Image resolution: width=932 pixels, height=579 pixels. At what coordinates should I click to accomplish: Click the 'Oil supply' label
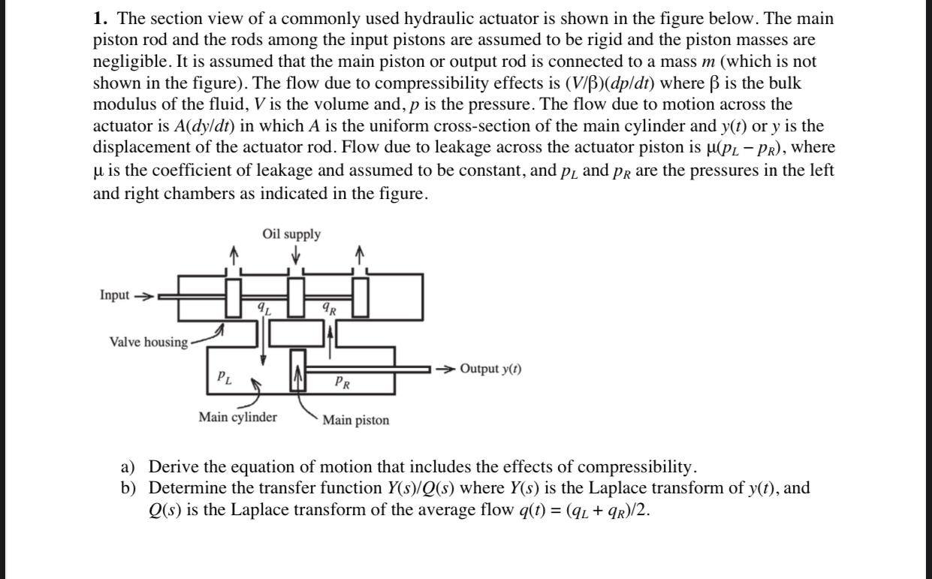point(291,234)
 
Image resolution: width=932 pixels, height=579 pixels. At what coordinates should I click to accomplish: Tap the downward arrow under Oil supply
point(296,254)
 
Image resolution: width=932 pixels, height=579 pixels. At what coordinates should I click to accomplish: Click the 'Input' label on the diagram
point(114,295)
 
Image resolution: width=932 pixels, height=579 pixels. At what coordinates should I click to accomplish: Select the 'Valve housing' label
point(149,342)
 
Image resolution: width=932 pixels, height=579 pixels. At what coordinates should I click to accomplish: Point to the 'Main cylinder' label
point(237,417)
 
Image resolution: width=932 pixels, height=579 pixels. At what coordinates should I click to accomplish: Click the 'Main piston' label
point(356,420)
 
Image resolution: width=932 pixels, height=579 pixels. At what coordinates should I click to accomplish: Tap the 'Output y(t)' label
point(490,369)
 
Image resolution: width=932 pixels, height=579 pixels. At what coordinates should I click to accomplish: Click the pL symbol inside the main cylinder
point(225,378)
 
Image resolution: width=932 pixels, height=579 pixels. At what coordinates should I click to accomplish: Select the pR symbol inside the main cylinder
point(342,382)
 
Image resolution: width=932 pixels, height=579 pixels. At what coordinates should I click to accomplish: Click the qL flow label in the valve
point(264,309)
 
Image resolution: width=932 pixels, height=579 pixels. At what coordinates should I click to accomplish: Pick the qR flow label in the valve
point(330,309)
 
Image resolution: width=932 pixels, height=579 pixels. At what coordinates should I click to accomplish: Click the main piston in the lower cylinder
point(297,370)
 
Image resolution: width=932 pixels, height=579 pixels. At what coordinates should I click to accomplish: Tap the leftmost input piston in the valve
point(234,298)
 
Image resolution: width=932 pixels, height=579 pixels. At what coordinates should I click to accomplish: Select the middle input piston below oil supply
point(296,297)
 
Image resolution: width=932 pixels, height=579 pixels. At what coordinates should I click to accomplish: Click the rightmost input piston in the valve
point(360,297)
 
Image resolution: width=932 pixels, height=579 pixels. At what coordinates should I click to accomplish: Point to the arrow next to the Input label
point(143,297)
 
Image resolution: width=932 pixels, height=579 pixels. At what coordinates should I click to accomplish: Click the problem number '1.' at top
point(101,19)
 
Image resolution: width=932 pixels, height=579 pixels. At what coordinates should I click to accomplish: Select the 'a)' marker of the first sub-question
point(128,467)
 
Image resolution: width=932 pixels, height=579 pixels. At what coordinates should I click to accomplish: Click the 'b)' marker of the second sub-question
point(128,488)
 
